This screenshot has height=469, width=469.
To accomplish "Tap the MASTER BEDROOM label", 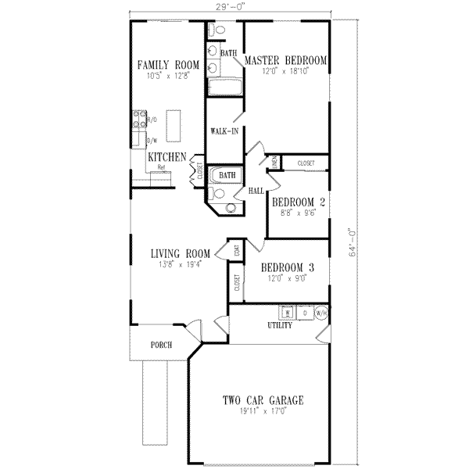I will click(x=285, y=60).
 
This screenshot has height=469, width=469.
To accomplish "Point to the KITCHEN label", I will click(x=166, y=157).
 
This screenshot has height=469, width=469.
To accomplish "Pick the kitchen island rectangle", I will click(x=173, y=125).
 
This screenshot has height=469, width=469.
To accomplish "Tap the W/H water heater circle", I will click(x=320, y=313).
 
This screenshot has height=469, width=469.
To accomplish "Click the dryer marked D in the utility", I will click(x=304, y=313).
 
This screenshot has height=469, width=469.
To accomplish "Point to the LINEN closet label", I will click(x=274, y=162).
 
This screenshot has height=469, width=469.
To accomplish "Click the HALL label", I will click(x=255, y=190).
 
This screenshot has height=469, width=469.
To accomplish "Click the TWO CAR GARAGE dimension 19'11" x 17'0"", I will click(x=263, y=411).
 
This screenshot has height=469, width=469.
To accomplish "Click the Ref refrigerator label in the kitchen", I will click(x=161, y=166).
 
